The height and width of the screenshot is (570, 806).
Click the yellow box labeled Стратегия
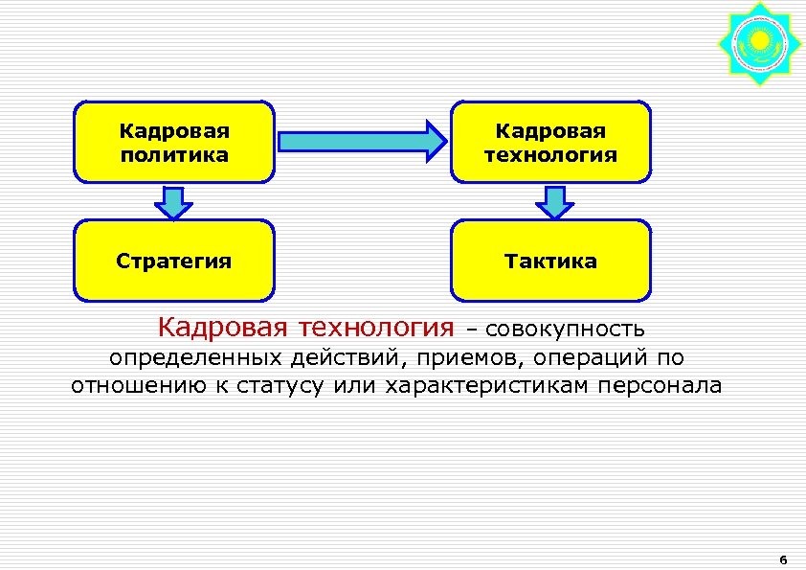point(173,261)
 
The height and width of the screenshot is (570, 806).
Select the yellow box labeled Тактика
point(550,261)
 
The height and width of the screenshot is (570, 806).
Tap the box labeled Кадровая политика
point(173,142)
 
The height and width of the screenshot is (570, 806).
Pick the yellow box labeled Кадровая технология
point(550,142)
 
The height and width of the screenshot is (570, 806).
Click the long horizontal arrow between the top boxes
point(361,142)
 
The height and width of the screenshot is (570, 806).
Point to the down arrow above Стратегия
point(173,202)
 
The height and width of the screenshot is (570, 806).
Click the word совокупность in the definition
point(559,331)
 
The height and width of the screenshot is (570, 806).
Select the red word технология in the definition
point(376,329)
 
